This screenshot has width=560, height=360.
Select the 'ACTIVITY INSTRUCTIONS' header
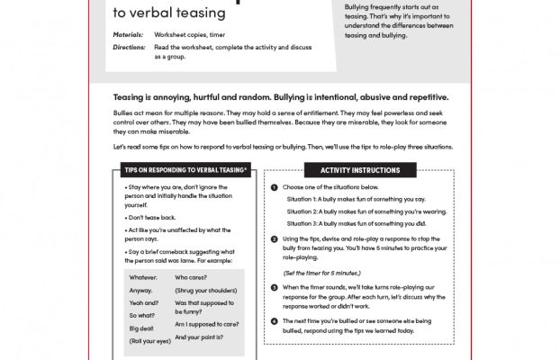[x=354, y=169]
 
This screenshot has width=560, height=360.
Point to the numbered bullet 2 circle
[x=274, y=238]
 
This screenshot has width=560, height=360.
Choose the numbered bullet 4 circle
[x=274, y=319]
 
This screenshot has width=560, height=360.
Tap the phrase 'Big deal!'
[x=141, y=329]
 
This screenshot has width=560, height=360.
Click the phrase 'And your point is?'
[x=203, y=337]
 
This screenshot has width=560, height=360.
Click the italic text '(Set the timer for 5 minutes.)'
[x=322, y=271]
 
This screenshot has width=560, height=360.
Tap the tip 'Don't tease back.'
[x=153, y=218]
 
